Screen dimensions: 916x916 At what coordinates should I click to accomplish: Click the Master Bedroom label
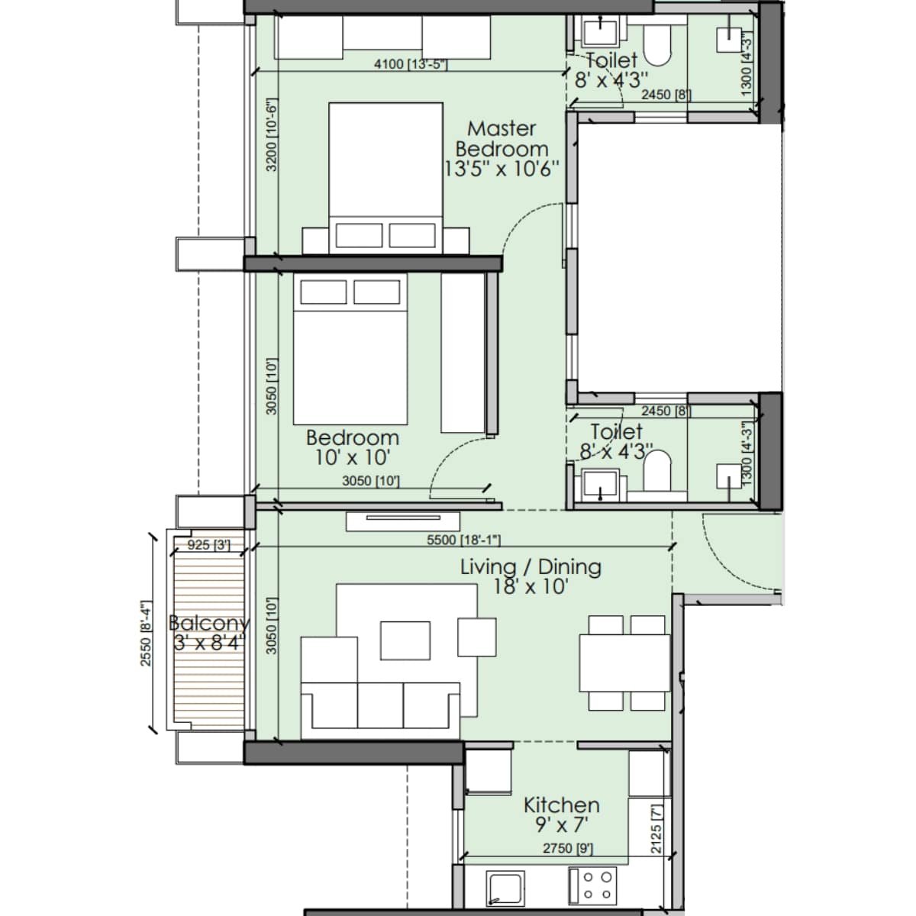coord(502,148)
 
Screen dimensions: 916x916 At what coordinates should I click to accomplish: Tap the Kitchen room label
coord(561,814)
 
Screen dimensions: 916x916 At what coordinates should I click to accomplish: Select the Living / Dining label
coord(531,576)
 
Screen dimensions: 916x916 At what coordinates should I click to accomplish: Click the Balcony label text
coord(208,632)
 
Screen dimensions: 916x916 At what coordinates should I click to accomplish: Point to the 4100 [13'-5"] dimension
coord(410,64)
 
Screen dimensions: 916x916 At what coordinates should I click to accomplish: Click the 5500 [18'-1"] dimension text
coord(463,540)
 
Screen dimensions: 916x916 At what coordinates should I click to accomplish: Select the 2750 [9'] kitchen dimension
coord(567,848)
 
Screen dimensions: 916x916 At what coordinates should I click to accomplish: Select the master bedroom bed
coord(385,177)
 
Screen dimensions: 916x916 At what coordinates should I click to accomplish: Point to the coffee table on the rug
coord(405,639)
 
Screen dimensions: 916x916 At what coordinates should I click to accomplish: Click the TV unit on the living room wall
coord(403,521)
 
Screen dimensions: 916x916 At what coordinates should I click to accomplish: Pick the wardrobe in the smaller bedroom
coord(463,353)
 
